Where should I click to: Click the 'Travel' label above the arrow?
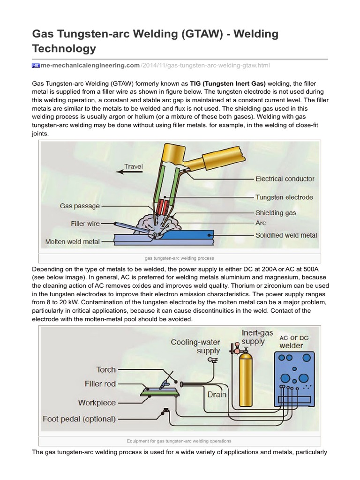click(x=134, y=166)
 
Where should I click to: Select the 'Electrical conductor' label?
click(x=285, y=179)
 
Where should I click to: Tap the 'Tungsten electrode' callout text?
click(x=284, y=197)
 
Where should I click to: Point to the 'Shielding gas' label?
click(x=276, y=213)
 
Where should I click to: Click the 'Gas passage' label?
click(x=80, y=205)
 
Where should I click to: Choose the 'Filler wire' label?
click(x=85, y=224)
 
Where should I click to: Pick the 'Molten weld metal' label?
click(x=72, y=241)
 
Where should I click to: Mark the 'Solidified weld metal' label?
click(x=286, y=235)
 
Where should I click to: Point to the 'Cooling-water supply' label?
click(x=195, y=346)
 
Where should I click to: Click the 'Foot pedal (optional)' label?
click(x=79, y=419)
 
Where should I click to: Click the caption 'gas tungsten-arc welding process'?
click(x=180, y=258)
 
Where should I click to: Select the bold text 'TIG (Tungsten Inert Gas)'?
click(x=228, y=83)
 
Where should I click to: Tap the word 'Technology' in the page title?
click(x=64, y=48)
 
